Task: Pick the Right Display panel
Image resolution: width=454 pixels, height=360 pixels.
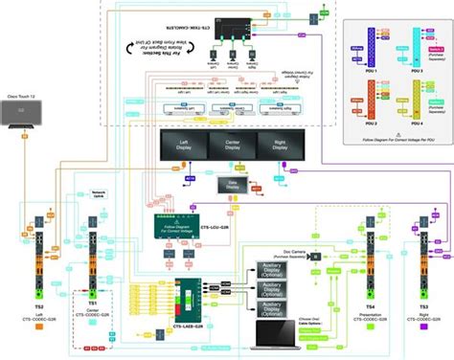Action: [x=277, y=146]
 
